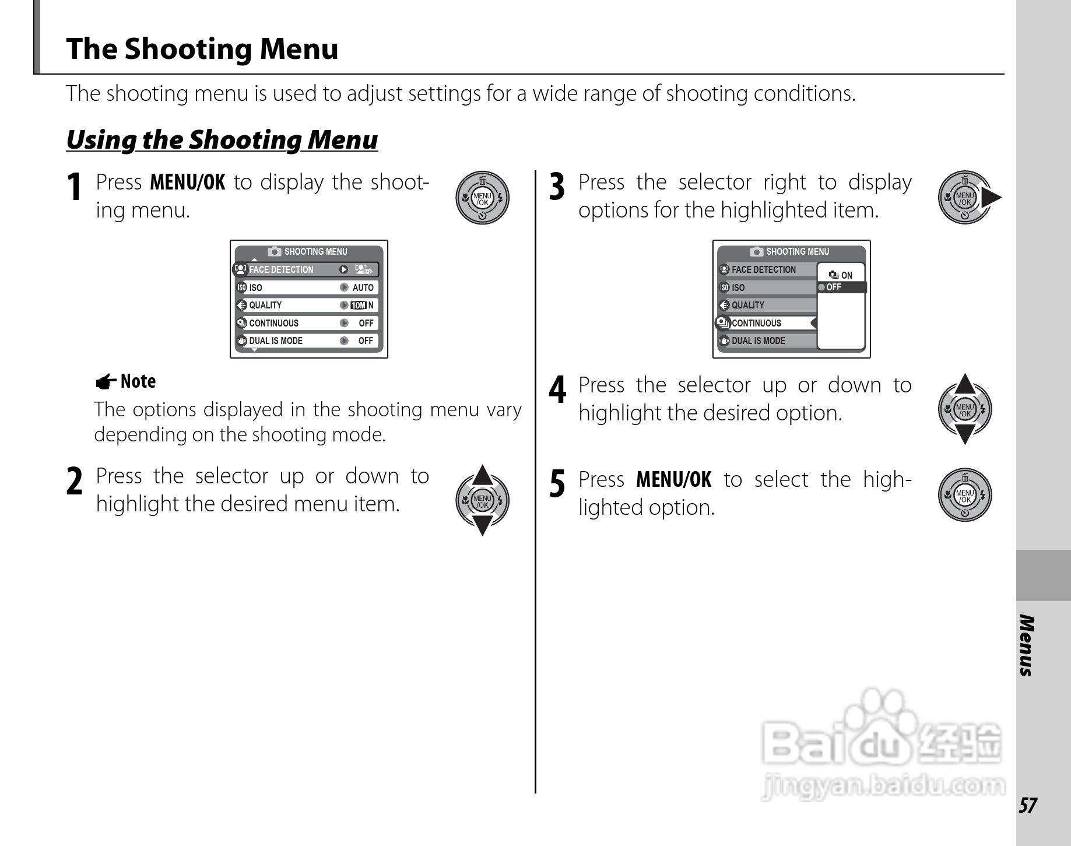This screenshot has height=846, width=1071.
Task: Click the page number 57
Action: (x=1027, y=805)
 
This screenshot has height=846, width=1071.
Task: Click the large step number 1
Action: (x=74, y=188)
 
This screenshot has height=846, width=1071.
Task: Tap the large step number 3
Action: (x=557, y=188)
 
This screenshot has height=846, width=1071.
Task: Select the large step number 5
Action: (x=557, y=485)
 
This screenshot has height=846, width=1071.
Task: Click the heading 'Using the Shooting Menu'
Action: (x=222, y=140)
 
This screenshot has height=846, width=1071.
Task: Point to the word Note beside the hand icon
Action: (x=138, y=381)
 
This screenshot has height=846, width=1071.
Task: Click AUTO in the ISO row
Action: (x=363, y=287)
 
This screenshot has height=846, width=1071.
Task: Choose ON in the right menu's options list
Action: (x=846, y=275)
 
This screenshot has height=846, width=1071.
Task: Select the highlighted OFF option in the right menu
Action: (x=834, y=287)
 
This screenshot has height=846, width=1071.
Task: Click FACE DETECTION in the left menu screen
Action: (x=281, y=269)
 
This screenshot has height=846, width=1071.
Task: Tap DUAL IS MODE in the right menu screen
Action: (x=758, y=341)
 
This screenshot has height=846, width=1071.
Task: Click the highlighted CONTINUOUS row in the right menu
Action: (x=756, y=323)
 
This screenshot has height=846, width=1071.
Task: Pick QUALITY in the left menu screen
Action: (x=265, y=306)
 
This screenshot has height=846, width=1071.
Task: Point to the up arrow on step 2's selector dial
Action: (x=482, y=476)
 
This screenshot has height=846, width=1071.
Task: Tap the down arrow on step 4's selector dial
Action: (x=965, y=434)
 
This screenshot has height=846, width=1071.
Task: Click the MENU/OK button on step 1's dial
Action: (x=482, y=199)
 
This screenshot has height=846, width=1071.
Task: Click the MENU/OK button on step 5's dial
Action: (x=965, y=496)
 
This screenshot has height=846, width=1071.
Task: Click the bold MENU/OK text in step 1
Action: (x=187, y=182)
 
